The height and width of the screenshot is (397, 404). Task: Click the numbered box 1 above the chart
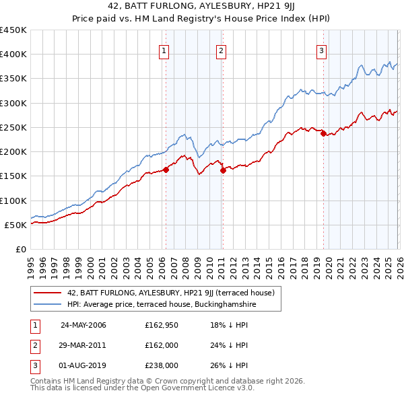coord(165,49)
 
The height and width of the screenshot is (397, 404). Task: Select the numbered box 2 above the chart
coord(221,49)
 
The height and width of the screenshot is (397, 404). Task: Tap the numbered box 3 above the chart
coord(321,49)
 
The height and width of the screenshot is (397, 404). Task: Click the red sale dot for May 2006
coord(166,170)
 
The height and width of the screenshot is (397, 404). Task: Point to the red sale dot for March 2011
coord(223,170)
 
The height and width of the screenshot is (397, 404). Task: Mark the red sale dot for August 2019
coord(323,133)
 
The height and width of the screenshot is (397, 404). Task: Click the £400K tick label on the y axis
coord(13,55)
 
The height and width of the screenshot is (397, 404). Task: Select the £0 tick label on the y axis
coord(20,249)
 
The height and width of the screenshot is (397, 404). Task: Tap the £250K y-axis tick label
coord(13,127)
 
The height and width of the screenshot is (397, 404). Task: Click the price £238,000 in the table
coord(162,365)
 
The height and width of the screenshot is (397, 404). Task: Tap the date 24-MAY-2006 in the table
coord(83,325)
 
